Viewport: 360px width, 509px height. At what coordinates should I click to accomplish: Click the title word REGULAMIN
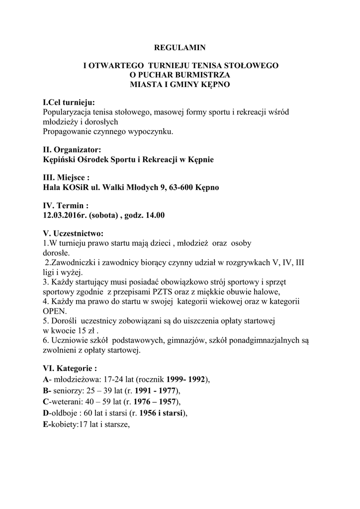tap(180, 48)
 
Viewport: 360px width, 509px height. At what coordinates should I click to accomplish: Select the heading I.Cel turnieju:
tap(69, 102)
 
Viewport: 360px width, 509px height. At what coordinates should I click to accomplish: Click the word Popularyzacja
tap(67, 112)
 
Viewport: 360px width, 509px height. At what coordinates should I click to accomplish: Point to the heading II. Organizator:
tap(72, 150)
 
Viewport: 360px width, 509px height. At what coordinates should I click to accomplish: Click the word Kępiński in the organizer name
tap(59, 160)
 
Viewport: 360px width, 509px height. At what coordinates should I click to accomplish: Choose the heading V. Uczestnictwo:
tap(73, 233)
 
